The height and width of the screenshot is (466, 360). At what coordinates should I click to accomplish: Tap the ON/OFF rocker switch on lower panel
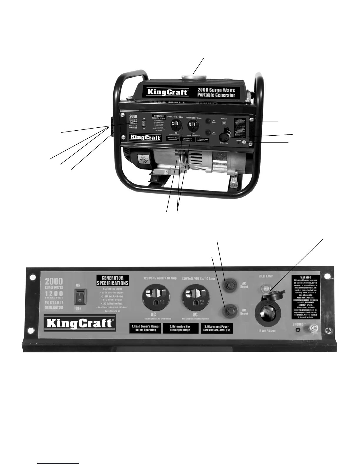(x=80, y=297)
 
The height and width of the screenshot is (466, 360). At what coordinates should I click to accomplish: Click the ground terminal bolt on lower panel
(x=311, y=328)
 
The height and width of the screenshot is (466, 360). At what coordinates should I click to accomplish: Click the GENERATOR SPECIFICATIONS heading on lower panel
(x=112, y=280)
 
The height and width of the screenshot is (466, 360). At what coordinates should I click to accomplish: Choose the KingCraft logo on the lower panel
(x=79, y=323)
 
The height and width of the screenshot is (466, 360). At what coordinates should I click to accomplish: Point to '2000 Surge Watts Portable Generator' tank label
(x=216, y=92)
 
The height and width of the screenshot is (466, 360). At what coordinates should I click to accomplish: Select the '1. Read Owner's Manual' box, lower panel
(x=145, y=328)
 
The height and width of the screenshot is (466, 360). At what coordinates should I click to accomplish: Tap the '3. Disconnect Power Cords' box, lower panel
(x=216, y=328)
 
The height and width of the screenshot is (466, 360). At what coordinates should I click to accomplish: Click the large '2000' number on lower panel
(x=54, y=281)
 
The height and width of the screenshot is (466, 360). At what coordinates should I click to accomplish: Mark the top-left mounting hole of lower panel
(x=33, y=278)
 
